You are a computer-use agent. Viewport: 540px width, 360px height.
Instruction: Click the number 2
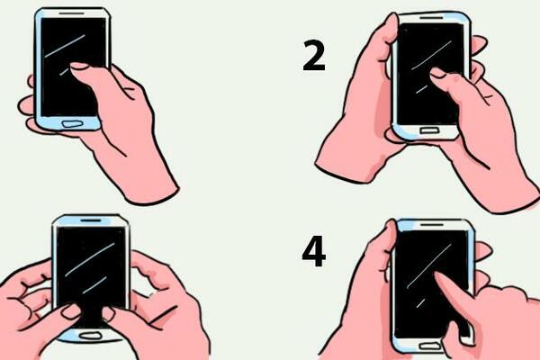[x=313, y=56]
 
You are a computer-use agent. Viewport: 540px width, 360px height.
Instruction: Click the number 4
[x=313, y=253]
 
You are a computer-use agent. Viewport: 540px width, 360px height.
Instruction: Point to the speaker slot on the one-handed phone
[x=72, y=15]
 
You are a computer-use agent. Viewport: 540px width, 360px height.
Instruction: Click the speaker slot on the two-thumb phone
[x=91, y=220]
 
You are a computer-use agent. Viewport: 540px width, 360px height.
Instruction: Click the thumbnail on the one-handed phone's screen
[x=78, y=66]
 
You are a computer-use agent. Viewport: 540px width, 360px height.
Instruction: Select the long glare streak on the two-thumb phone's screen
[x=90, y=258]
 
